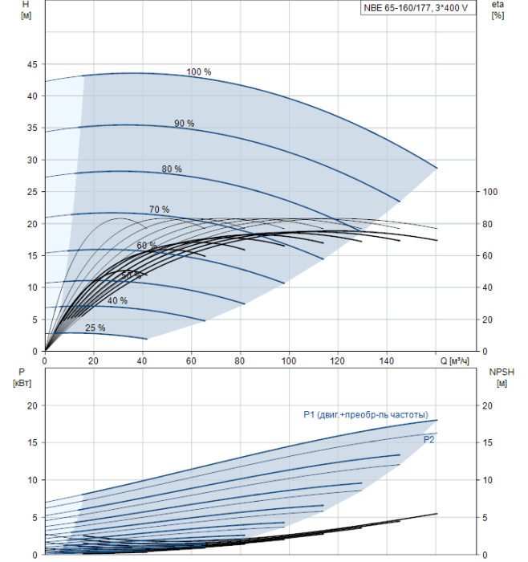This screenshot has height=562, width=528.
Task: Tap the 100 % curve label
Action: (199, 72)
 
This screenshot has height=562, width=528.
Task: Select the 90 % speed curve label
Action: (185, 123)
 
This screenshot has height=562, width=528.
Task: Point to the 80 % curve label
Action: (172, 169)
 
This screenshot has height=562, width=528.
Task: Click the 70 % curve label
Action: (159, 210)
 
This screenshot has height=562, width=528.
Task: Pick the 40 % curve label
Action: (117, 300)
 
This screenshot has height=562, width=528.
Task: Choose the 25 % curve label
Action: (95, 328)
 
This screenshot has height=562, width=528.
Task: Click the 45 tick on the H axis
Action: (33, 64)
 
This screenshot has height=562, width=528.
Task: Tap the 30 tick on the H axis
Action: (33, 160)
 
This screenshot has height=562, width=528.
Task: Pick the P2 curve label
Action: (429, 439)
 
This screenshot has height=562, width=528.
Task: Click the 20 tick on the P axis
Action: (33, 405)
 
